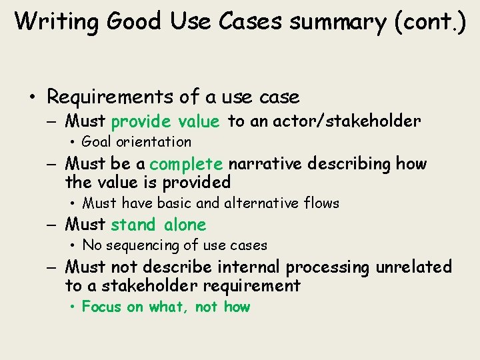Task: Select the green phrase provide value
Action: [165, 121]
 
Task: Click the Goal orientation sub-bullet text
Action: [136, 141]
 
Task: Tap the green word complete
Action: [186, 164]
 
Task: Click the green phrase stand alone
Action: [159, 225]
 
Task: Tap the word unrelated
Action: [413, 267]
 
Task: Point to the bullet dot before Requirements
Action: [32, 98]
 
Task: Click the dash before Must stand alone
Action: [54, 225]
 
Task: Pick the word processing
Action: [328, 267]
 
